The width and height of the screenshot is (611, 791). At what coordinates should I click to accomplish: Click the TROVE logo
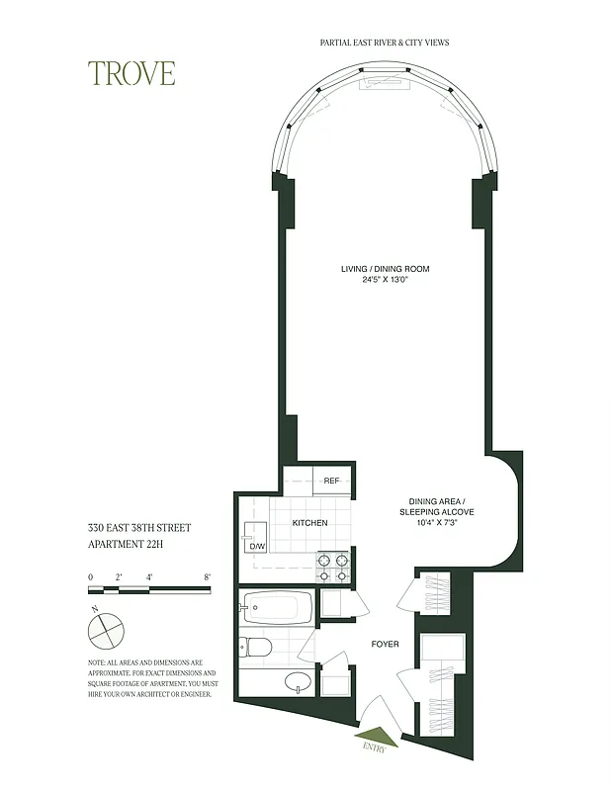[x=131, y=73]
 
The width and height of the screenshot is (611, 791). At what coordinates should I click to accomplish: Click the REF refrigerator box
[x=331, y=481]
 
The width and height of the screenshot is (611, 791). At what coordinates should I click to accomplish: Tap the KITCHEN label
[x=309, y=522]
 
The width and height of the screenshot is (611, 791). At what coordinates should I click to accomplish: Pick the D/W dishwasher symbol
[x=257, y=546]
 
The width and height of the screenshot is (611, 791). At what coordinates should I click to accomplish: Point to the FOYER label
[x=385, y=645]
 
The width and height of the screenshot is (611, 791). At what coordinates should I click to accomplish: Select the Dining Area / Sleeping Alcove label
[x=436, y=506]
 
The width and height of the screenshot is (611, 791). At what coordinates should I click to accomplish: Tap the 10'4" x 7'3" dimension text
[x=436, y=524]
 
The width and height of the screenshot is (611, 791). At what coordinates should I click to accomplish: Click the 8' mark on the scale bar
[x=207, y=576]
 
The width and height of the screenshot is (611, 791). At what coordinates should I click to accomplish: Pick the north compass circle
[x=106, y=628]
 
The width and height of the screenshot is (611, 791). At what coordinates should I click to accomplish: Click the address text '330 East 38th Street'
[x=137, y=528]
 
